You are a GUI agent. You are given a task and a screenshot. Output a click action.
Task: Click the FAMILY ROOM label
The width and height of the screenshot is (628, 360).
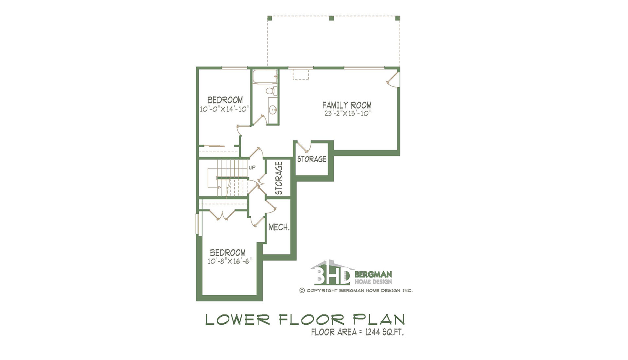347,105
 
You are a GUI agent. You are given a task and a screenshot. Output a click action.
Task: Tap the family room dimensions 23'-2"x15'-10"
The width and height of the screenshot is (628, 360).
348,113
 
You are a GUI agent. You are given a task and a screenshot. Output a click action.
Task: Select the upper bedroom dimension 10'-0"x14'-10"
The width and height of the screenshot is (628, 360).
225,109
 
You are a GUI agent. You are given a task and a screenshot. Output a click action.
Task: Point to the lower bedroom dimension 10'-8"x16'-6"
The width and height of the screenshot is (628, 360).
230,261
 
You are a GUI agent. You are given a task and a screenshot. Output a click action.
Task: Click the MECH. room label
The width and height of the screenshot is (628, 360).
279,227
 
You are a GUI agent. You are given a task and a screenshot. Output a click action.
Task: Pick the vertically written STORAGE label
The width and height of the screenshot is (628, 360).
279,178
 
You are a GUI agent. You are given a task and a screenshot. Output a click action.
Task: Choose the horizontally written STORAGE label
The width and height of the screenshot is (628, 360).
312,159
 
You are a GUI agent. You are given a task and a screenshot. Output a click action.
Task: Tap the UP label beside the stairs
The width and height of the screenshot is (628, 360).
252,168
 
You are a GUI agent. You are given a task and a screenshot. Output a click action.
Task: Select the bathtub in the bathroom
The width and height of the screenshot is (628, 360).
265,77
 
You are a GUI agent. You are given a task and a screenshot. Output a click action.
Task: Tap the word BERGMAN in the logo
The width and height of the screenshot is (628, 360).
373,274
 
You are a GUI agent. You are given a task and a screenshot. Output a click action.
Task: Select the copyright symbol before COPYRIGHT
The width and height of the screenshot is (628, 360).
302,290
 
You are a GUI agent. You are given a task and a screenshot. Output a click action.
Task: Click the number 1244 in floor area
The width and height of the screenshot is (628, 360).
372,332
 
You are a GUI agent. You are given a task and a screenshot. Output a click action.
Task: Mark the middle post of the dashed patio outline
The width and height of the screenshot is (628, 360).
331,18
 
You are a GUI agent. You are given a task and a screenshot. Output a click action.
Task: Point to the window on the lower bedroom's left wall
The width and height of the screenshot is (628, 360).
198,224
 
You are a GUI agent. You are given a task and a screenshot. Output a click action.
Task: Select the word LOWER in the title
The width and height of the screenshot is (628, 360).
237,320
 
